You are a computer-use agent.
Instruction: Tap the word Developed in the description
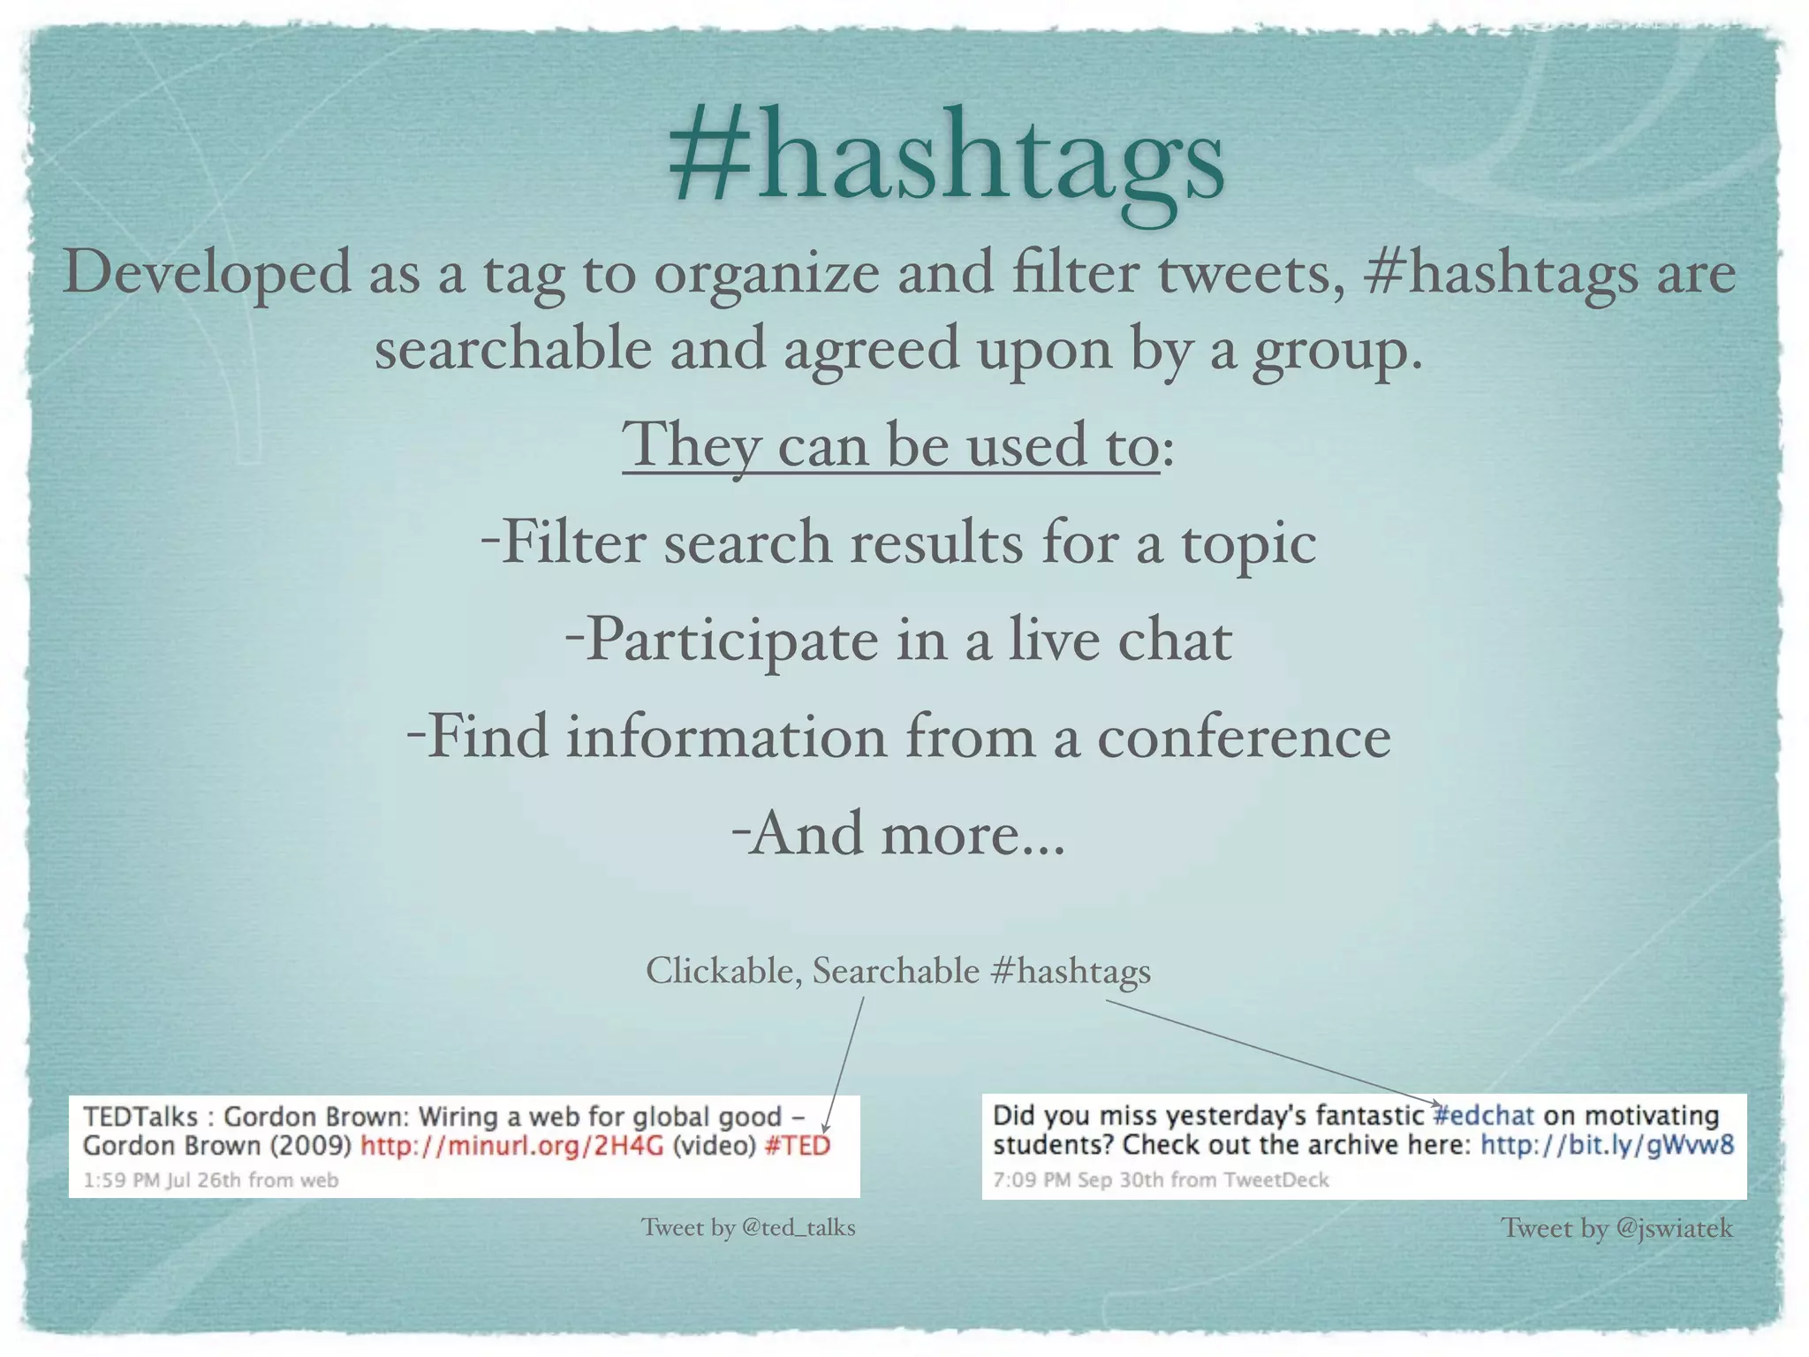tap(207, 272)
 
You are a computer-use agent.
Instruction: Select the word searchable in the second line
tap(513, 348)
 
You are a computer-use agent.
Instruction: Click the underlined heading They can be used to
tap(890, 444)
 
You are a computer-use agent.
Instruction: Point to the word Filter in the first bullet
tap(574, 542)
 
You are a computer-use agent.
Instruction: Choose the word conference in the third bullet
tap(1244, 737)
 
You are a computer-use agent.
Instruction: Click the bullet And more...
tap(899, 833)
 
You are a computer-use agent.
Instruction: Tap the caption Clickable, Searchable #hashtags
tap(898, 971)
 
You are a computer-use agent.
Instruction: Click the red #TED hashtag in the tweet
tap(798, 1146)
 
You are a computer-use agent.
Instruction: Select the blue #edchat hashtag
tap(1484, 1115)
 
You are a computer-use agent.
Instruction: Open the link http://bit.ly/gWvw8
tap(1608, 1145)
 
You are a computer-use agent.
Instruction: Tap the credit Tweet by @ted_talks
tap(748, 1227)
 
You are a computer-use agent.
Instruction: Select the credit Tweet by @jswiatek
tap(1616, 1228)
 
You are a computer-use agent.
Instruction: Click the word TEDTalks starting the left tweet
tap(140, 1117)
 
